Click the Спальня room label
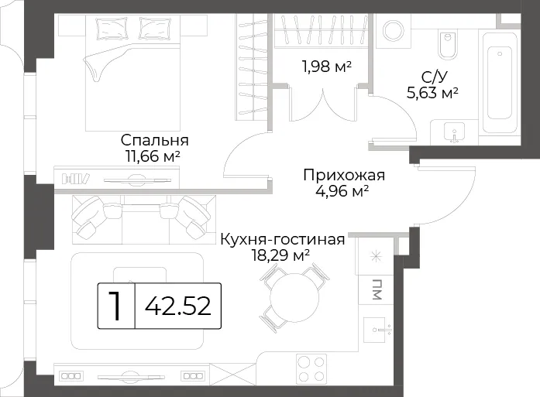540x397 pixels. point(155,141)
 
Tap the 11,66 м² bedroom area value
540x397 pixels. point(153,156)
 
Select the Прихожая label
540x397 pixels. point(344,176)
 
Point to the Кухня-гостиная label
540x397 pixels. point(283,239)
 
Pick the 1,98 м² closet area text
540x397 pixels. point(327,67)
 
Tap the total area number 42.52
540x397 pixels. point(177,306)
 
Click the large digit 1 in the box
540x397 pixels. point(115,306)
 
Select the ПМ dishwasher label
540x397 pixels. point(377,289)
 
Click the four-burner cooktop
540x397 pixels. point(311,369)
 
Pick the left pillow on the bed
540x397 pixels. point(113,28)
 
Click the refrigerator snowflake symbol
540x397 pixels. point(376,256)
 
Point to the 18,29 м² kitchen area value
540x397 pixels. point(280,255)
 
